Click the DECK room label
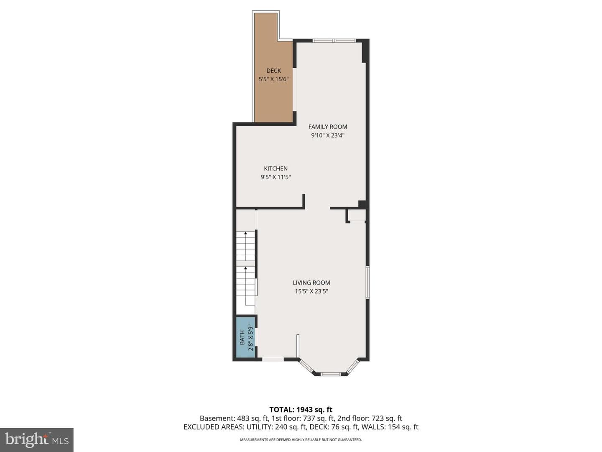click(273, 71)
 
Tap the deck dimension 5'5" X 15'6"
click(273, 80)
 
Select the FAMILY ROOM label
click(327, 127)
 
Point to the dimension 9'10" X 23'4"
click(327, 135)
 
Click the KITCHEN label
click(275, 169)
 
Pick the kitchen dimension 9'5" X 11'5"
click(275, 177)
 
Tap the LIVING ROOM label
click(311, 282)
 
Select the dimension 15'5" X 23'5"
click(311, 291)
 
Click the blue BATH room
click(245, 338)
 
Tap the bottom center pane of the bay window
click(331, 374)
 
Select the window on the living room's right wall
click(367, 282)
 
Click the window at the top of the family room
click(334, 41)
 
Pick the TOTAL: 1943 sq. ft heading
click(301, 410)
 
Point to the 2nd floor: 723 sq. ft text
click(370, 419)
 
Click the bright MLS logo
click(37, 440)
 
